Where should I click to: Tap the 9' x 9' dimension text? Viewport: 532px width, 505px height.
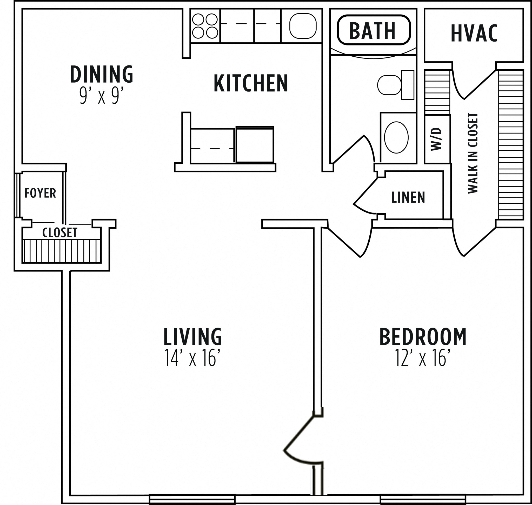[101, 96]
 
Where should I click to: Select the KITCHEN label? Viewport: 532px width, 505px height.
[251, 83]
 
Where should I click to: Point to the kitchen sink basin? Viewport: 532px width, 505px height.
[303, 26]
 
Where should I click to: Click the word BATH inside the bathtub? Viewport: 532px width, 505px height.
[372, 31]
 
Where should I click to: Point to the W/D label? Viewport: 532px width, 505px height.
[436, 139]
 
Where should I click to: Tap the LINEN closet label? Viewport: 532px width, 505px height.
[408, 198]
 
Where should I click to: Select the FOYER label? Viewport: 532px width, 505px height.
[40, 193]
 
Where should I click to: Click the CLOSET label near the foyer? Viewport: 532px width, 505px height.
[60, 232]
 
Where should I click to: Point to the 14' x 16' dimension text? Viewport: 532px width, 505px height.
[192, 358]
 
